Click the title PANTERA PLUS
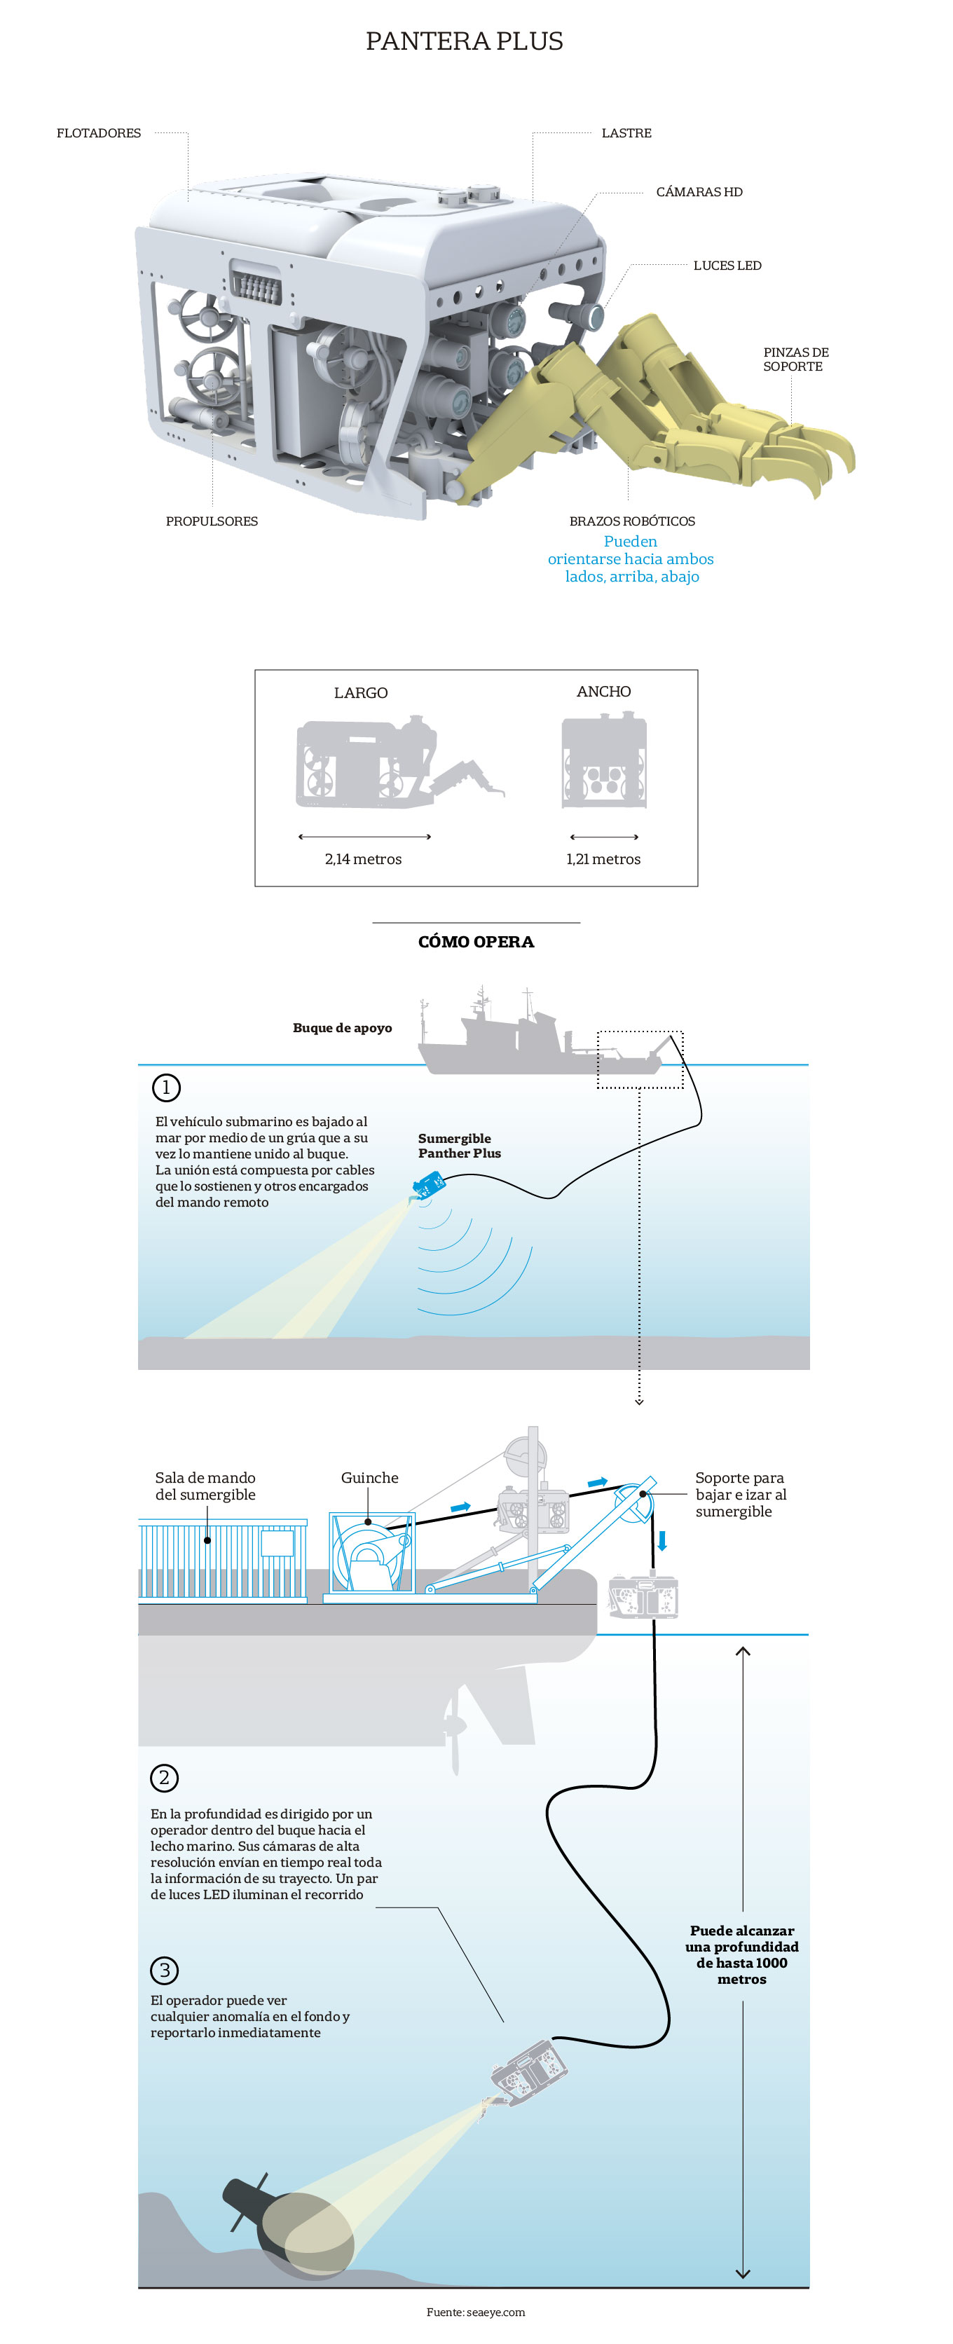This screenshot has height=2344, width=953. tap(464, 41)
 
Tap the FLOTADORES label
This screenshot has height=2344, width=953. tap(98, 133)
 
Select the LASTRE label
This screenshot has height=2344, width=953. tap(626, 133)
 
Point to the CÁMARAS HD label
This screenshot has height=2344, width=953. tap(699, 191)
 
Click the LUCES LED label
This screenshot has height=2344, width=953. tap(727, 266)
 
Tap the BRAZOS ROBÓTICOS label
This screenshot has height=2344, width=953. tap(631, 521)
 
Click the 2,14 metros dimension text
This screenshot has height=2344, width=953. tap(363, 859)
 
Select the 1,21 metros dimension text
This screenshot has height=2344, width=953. tap(603, 859)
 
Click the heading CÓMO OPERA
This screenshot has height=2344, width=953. tap(476, 942)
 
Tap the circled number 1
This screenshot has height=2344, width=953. tap(165, 1088)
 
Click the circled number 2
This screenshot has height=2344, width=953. tap(164, 1777)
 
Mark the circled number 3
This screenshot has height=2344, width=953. tap(164, 1970)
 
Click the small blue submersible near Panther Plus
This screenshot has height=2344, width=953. tap(429, 1184)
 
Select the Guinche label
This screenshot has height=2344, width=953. tap(369, 1478)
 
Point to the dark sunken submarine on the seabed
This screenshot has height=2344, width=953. tap(292, 2226)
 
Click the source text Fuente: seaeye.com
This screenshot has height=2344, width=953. tap(475, 2312)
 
